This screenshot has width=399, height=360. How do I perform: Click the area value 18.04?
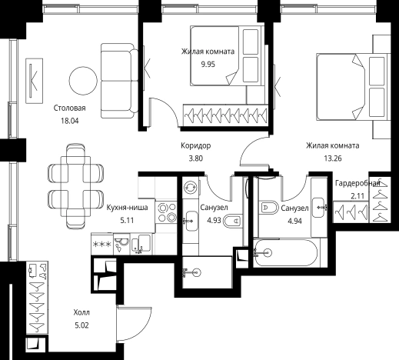coord(70,121)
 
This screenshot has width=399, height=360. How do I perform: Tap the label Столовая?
coord(69,108)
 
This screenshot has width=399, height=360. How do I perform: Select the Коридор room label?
coord(196,145)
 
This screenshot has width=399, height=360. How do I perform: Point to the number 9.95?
coord(208,64)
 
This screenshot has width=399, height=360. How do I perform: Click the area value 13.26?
coord(333,158)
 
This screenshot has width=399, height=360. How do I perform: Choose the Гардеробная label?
coord(357,183)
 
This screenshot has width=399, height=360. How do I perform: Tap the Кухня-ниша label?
coord(127,207)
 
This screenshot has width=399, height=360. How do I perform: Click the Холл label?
coord(81,312)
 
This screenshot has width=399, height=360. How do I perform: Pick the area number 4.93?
coord(214,220)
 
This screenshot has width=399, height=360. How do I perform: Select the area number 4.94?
coord(294,221)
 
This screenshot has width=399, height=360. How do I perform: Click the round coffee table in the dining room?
coord(83,81)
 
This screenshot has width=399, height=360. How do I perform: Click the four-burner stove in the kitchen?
coord(167,212)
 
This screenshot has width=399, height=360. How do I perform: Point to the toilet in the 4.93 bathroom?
coord(232,221)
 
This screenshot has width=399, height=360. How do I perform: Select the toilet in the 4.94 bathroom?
coord(268,208)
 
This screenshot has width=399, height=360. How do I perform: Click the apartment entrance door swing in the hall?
coord(135,323)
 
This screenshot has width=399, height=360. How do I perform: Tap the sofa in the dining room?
coord(120,81)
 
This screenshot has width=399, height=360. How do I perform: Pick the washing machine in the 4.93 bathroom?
coord(190,187)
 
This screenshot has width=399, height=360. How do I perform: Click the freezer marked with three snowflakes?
coord(102,244)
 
